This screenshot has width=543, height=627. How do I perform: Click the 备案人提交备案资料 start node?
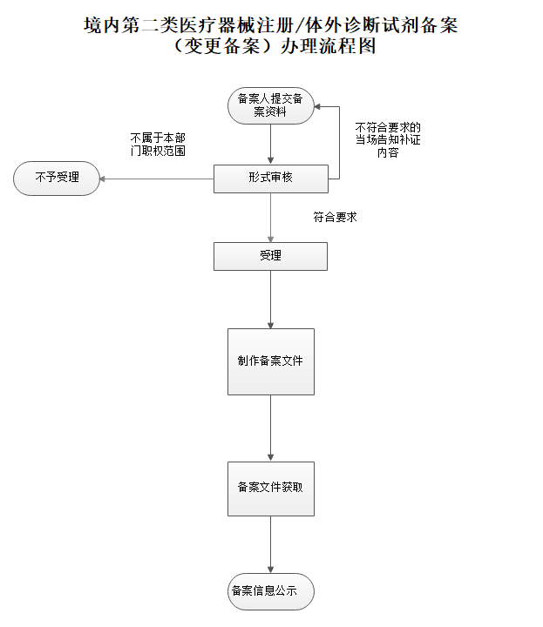coord(270,105)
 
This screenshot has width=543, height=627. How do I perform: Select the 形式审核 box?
coord(270,178)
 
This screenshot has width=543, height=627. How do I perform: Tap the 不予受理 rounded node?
coord(58,178)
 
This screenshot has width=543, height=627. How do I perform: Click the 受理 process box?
coord(270,256)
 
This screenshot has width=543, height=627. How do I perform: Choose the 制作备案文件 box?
coord(270,361)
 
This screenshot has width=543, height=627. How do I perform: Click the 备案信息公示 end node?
coord(270,590)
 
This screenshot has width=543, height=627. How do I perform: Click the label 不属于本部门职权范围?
coord(158,145)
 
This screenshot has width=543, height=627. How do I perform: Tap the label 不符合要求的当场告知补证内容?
coord(388,140)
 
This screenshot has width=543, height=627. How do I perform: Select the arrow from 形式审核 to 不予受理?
coord(157,179)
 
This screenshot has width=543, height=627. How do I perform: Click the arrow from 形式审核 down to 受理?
coord(270,217)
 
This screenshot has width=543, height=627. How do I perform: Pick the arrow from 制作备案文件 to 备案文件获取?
coord(270,426)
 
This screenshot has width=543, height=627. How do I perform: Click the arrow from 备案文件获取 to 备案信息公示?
coord(270,544)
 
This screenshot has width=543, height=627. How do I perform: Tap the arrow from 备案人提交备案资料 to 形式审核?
coord(270,143)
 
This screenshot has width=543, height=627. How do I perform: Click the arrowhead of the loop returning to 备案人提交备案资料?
coord(319,106)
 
